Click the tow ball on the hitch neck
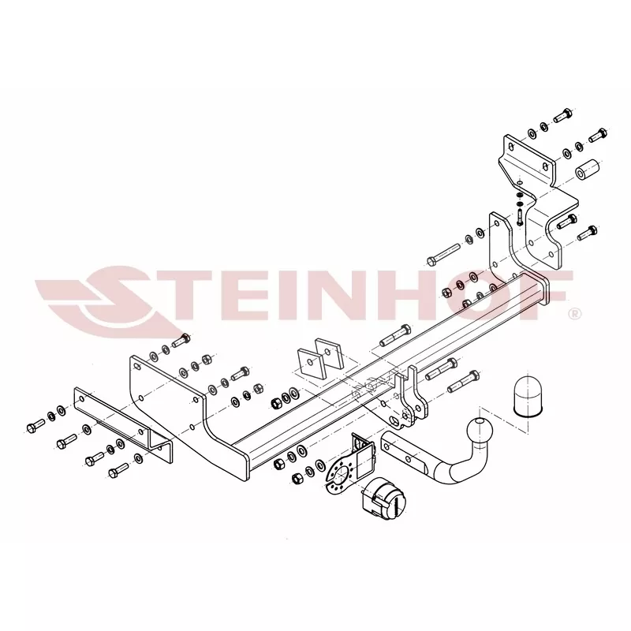pyautogui.click(x=480, y=432)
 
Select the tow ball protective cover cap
pyautogui.click(x=527, y=396)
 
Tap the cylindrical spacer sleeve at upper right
pyautogui.click(x=587, y=170)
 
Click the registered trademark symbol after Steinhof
pyautogui.click(x=576, y=313)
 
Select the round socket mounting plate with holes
pyautogui.click(x=341, y=476)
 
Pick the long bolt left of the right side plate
pyautogui.click(x=443, y=254)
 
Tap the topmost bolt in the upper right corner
pyautogui.click(x=562, y=115)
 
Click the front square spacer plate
pyautogui.click(x=311, y=363)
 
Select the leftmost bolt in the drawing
pyautogui.click(x=35, y=426)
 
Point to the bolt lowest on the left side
pyautogui.click(x=119, y=470)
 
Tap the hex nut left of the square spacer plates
pyautogui.click(x=275, y=403)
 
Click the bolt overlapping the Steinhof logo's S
pyautogui.click(x=181, y=341)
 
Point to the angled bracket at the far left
pyautogui.click(x=123, y=424)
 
